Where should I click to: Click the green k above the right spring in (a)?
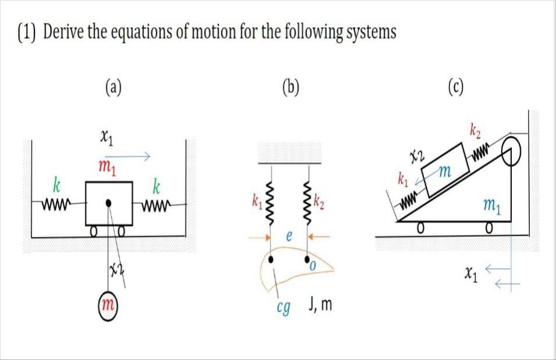(x=156, y=187)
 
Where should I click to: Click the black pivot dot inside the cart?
(x=109, y=204)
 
